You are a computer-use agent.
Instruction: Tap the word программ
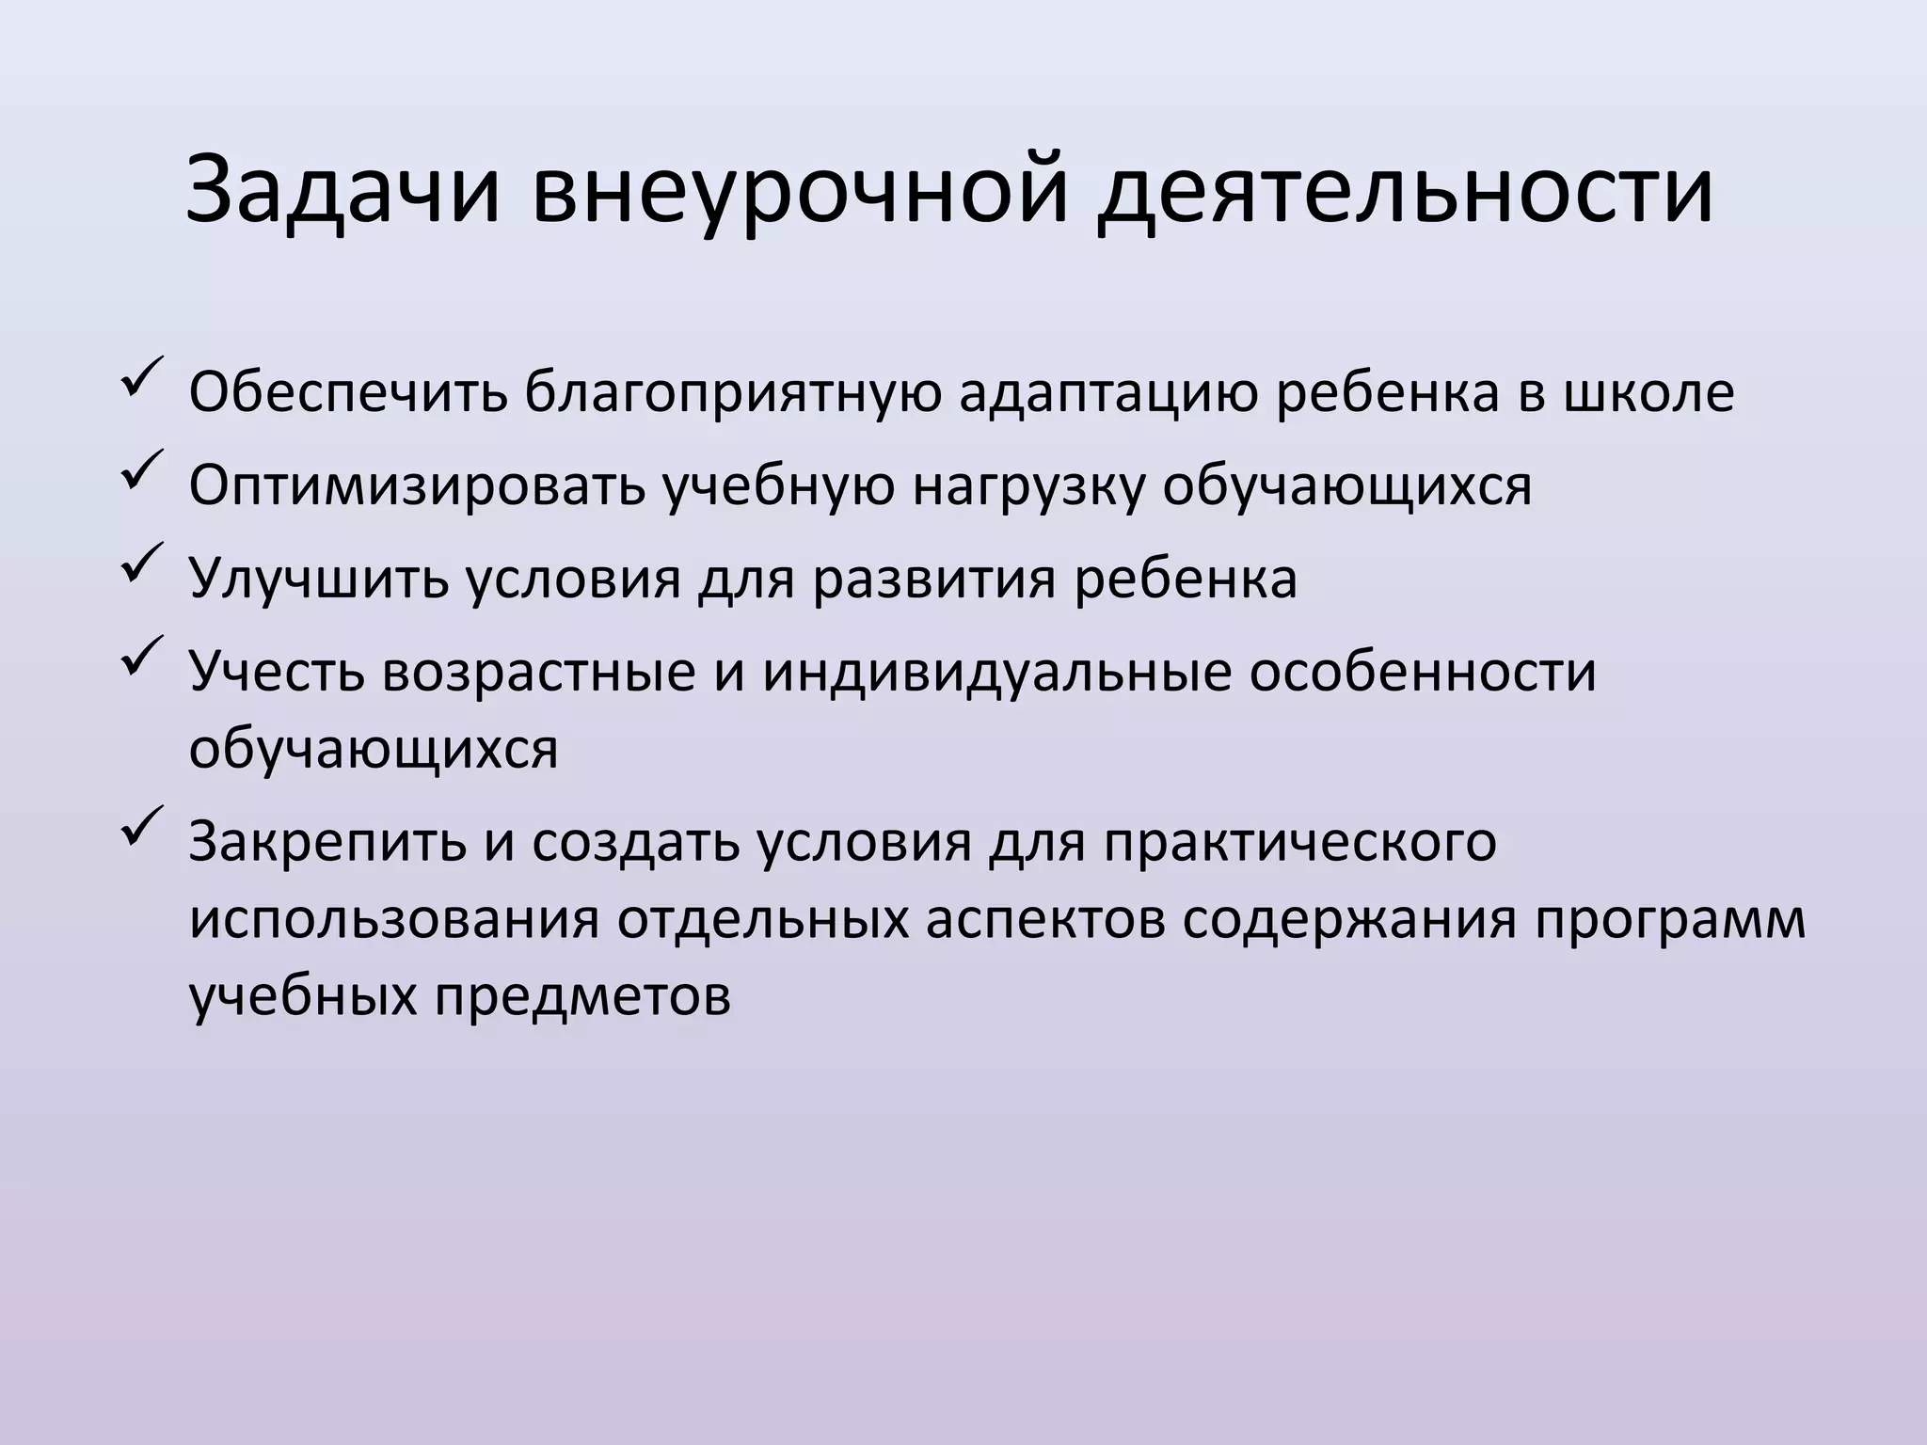[1671, 921]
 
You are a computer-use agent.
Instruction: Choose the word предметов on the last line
[582, 996]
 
